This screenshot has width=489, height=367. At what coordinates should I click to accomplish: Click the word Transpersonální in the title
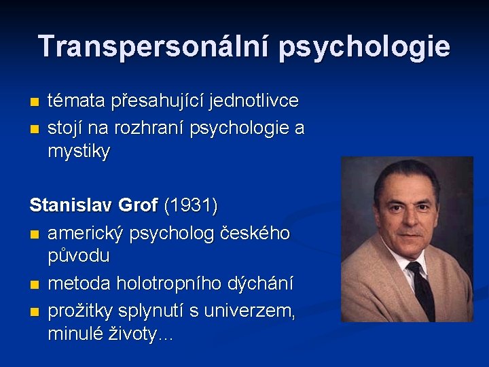pos(154,46)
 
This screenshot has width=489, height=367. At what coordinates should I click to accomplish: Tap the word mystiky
pos(79,152)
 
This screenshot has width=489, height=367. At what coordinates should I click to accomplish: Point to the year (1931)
pos(193,205)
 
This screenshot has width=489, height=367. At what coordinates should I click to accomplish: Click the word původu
pos(79,256)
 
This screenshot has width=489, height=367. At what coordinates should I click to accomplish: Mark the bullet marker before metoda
pos(35,283)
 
